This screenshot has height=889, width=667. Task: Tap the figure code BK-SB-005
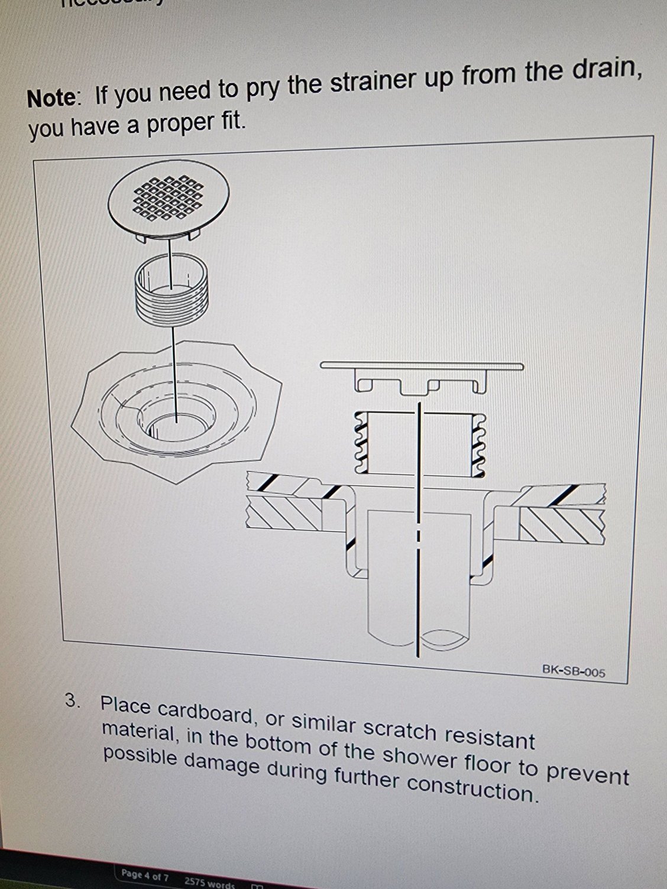[x=573, y=671]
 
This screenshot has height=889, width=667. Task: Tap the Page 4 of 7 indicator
[x=145, y=875]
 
